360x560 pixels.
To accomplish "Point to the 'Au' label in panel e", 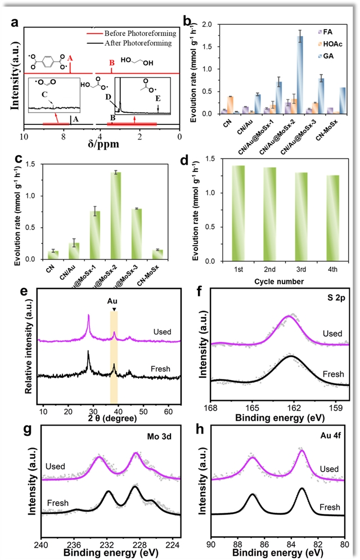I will click(114, 301).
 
